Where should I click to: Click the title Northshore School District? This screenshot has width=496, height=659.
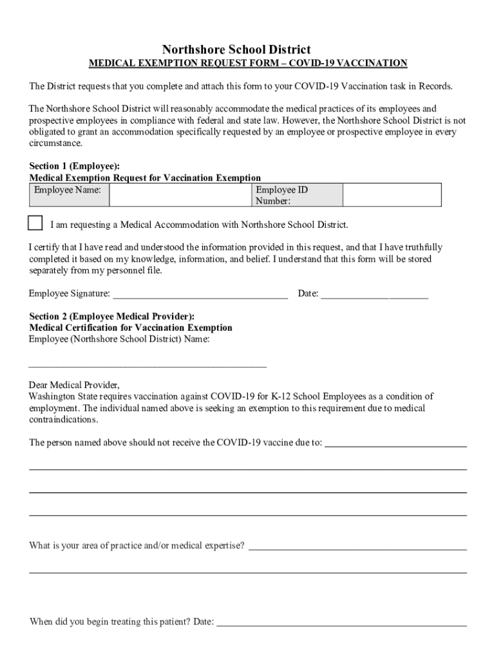pyautogui.click(x=236, y=50)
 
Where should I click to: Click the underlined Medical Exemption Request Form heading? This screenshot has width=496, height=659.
pyautogui.click(x=247, y=63)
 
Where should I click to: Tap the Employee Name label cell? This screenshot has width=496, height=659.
pyautogui.click(x=68, y=190)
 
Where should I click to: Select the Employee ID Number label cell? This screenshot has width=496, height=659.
pyautogui.click(x=281, y=195)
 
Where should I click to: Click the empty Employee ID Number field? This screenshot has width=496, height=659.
pyautogui.click(x=392, y=195)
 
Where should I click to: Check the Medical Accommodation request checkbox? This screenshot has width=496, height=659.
pyautogui.click(x=35, y=223)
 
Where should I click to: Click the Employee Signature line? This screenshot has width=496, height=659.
pyautogui.click(x=200, y=296)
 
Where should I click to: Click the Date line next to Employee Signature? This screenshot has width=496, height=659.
pyautogui.click(x=374, y=296)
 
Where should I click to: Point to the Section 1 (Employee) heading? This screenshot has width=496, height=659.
pyautogui.click(x=74, y=166)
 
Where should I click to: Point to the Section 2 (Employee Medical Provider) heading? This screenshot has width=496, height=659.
pyautogui.click(x=111, y=317)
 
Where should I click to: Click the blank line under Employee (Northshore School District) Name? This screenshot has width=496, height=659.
pyautogui.click(x=148, y=365)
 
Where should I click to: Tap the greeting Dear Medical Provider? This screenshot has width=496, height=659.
pyautogui.click(x=74, y=385)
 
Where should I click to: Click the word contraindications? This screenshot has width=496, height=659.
pyautogui.click(x=64, y=420)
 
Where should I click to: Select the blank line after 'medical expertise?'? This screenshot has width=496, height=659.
pyautogui.click(x=358, y=548)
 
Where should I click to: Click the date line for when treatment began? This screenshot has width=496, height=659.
pyautogui.click(x=341, y=624)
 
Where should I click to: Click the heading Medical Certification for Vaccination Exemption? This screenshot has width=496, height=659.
pyautogui.click(x=131, y=328)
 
